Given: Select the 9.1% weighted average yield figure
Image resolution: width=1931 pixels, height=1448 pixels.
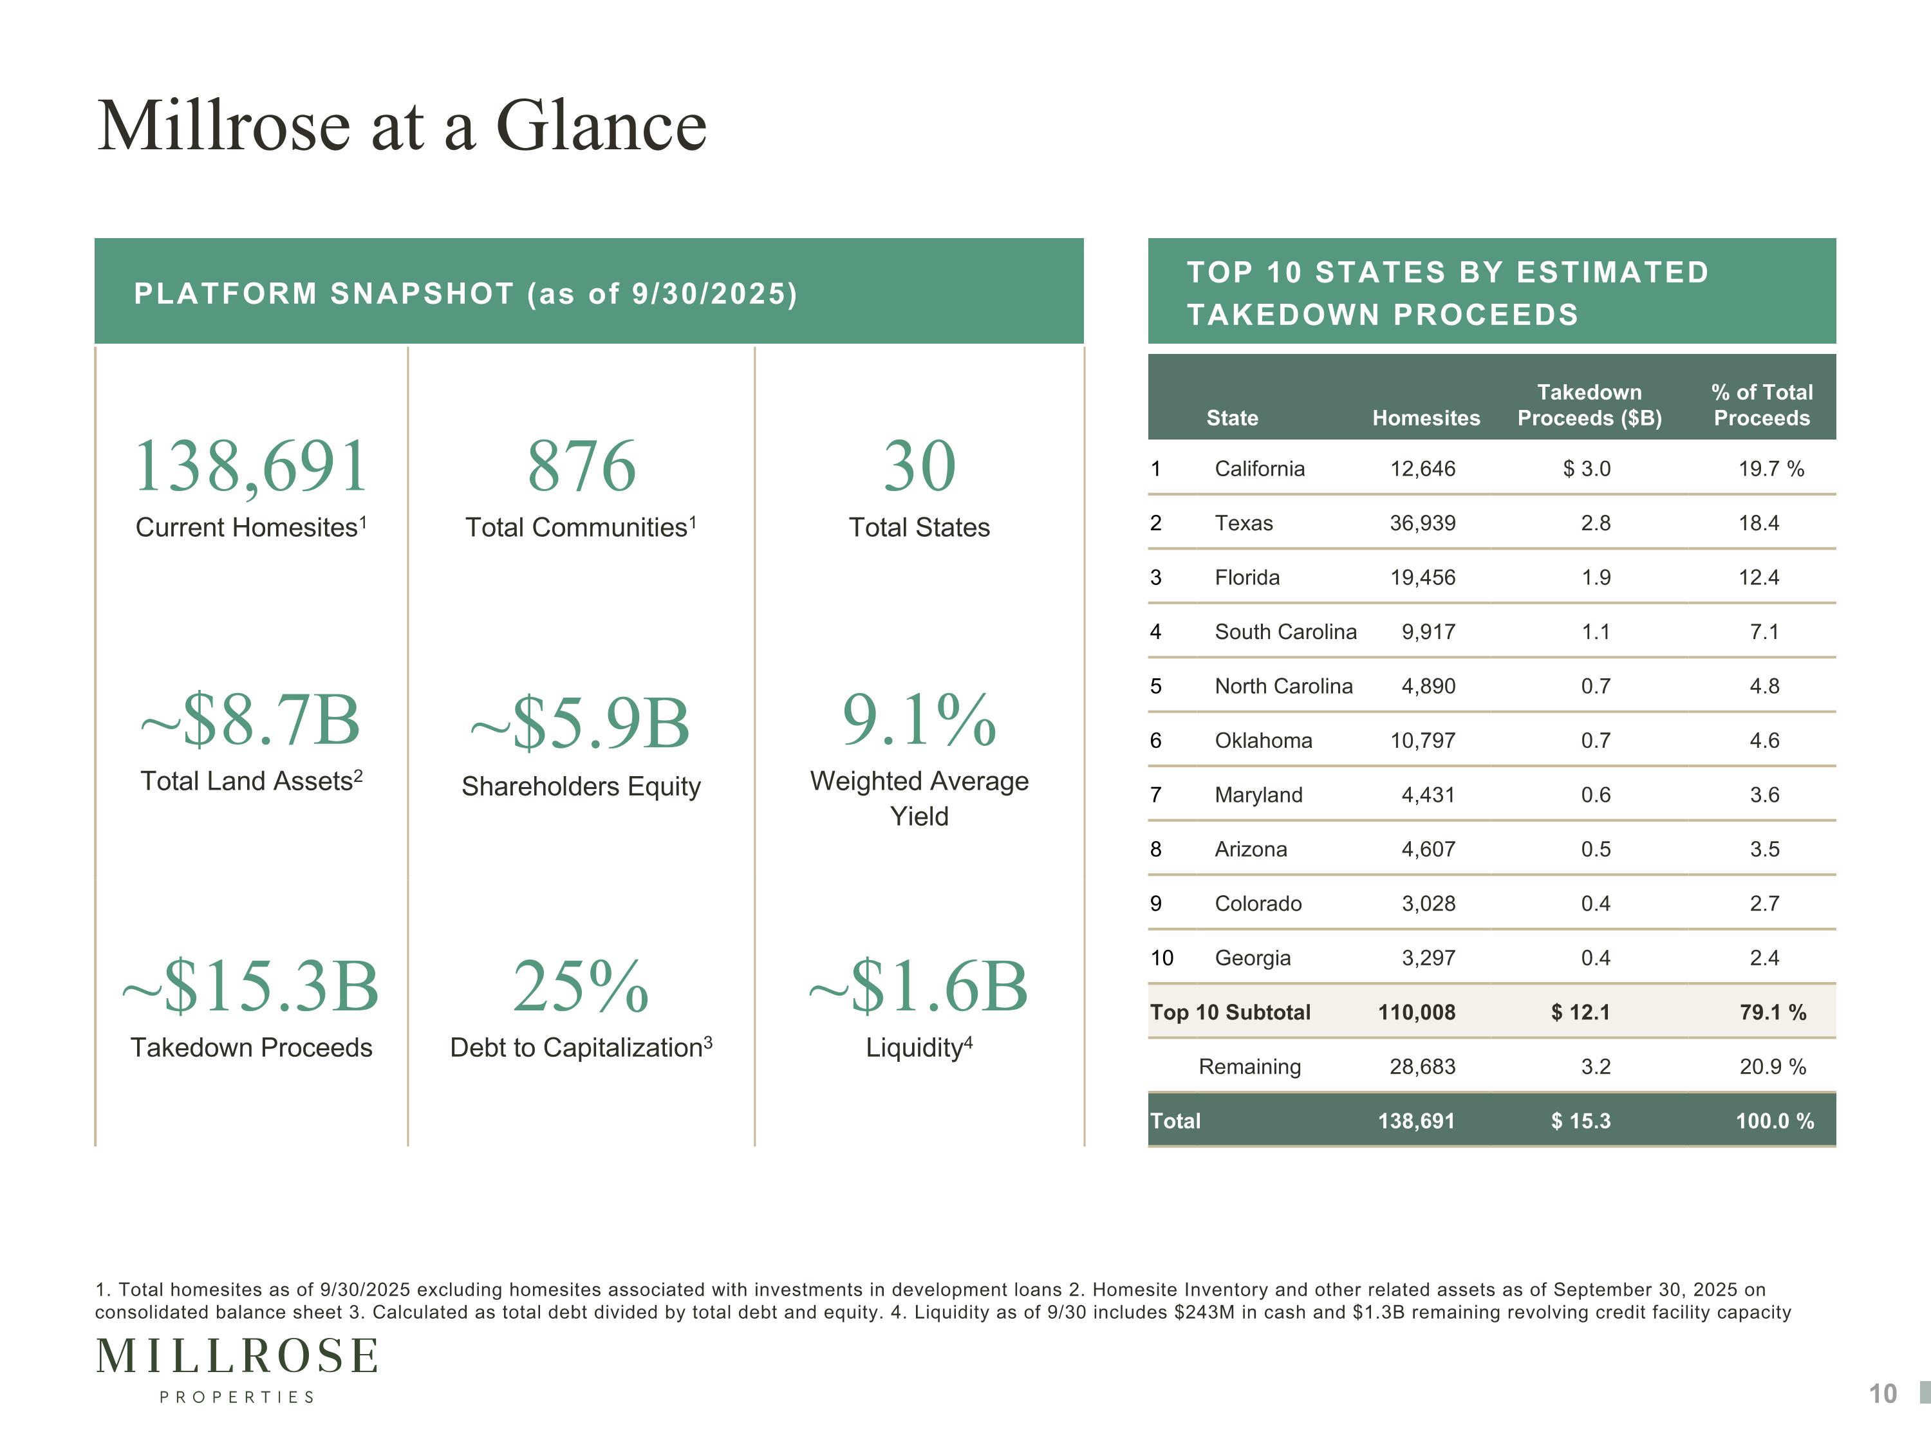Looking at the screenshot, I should pos(919,720).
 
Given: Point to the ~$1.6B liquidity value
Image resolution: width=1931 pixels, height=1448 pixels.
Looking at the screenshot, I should pos(919,987).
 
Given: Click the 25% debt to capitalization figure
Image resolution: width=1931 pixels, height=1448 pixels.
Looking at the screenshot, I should pos(581,987).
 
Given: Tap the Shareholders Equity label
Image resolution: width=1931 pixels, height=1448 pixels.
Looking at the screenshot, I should pos(581,786).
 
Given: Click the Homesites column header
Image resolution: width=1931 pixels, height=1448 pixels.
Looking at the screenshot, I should pos(1426,418).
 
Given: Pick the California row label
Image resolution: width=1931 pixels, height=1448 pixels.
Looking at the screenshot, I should pos(1259,469).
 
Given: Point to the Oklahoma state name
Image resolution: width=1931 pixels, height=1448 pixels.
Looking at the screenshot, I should pos(1263,740).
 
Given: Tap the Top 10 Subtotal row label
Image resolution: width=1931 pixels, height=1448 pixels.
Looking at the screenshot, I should pos(1230,1012).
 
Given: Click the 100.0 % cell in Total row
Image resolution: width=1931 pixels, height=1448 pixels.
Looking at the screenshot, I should pos(1774,1120).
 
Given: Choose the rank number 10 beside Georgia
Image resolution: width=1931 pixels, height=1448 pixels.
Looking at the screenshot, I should pos(1162,958).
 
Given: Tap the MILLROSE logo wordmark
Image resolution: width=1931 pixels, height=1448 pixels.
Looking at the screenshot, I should pos(237,1357).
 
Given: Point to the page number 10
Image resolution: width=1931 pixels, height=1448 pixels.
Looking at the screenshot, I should pos(1882,1394).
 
